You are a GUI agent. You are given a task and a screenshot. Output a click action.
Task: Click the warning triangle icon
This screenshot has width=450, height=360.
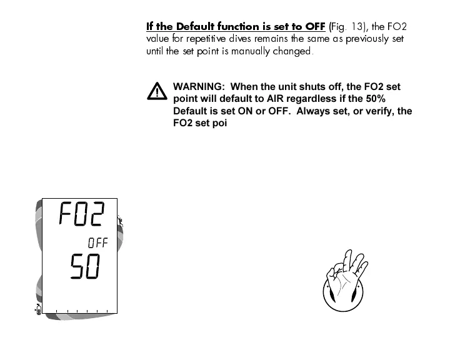157,91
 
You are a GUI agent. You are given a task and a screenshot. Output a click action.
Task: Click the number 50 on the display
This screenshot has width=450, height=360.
84,269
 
